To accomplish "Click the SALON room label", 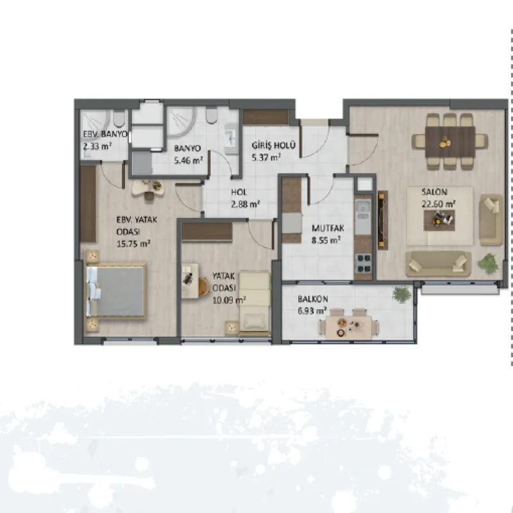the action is (434, 192).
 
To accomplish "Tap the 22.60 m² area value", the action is (439, 204).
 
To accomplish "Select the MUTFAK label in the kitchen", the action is (328, 228).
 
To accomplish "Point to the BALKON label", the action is (312, 299).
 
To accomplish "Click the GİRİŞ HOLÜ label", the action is (274, 145).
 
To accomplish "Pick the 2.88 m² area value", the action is (246, 205).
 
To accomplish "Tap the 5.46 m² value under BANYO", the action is (189, 161).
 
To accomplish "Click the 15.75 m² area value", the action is (133, 244).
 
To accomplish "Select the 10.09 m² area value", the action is (229, 300).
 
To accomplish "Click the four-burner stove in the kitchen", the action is (363, 264).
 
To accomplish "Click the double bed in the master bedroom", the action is (116, 291).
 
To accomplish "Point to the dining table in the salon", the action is (450, 142).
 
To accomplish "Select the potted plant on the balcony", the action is (401, 294).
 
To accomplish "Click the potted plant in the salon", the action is (488, 264).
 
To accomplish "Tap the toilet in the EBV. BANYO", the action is (119, 119).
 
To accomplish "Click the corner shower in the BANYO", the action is (181, 122).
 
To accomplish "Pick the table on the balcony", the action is (348, 327).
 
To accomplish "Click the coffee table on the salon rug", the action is (439, 221).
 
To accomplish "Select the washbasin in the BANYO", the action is (232, 139).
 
